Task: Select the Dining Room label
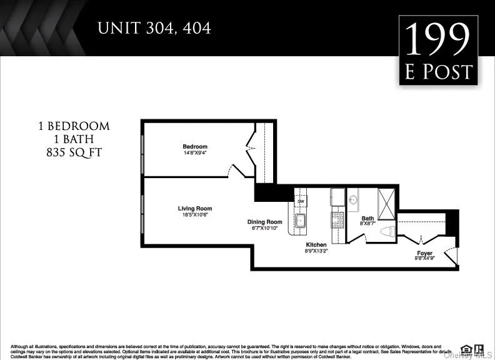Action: (264, 222)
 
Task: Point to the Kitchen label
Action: (316, 244)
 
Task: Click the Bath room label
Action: (367, 218)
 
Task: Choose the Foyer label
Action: (425, 254)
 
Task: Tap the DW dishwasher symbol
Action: (301, 201)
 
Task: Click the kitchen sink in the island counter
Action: (300, 220)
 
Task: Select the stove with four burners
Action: (337, 219)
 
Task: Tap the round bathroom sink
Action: (353, 200)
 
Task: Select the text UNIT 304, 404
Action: (153, 28)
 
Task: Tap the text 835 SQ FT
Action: (74, 152)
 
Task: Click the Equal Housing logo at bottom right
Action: (466, 349)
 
